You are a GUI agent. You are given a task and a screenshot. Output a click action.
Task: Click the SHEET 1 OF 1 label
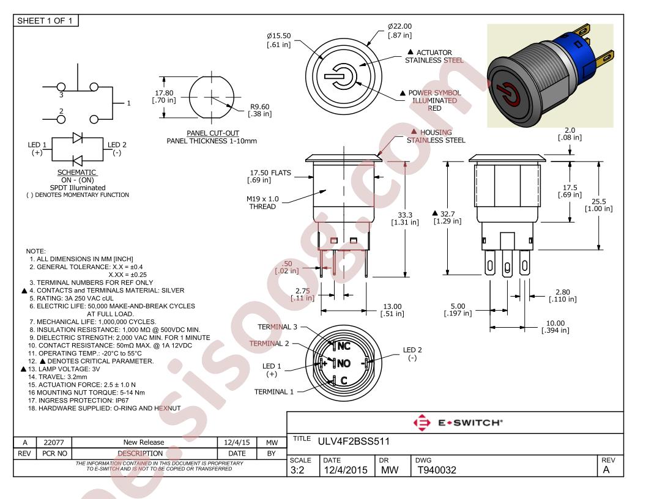pos(45,21)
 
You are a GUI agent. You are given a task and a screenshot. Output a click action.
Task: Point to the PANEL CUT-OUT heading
pos(213,133)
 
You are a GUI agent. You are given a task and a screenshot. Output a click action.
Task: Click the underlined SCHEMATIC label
pos(76,172)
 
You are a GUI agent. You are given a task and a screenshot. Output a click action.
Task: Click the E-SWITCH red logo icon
pos(422,423)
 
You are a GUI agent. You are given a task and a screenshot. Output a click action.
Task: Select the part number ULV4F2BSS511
pos(354,442)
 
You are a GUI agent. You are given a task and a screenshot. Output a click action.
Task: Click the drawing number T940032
pos(437,470)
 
